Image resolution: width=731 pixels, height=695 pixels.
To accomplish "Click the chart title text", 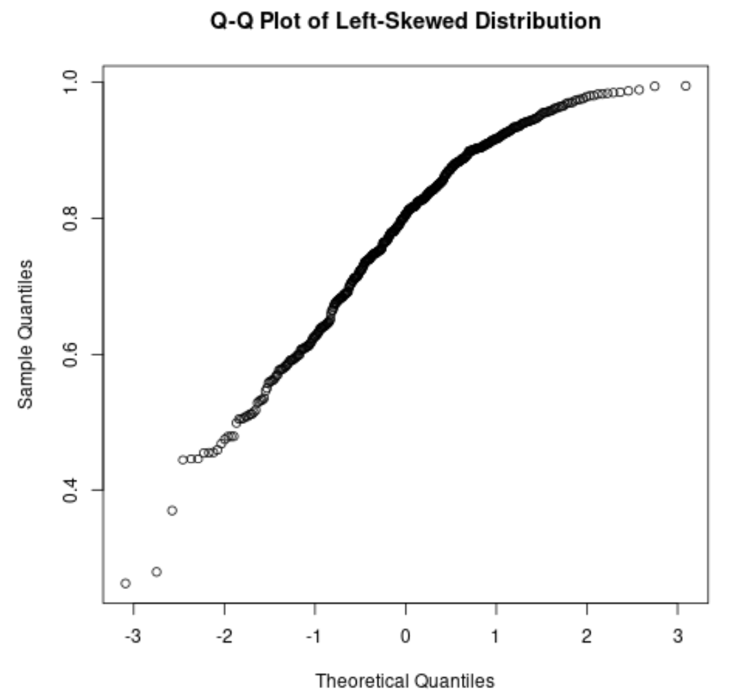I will (405, 22).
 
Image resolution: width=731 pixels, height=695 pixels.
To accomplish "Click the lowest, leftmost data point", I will (125, 584).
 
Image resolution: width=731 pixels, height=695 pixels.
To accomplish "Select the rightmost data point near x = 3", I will (686, 86).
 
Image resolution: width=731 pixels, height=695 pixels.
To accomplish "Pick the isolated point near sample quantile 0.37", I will (172, 511).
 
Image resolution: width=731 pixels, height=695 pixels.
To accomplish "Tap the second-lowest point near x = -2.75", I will (156, 572).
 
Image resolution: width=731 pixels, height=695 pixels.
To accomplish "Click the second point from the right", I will (655, 86).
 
